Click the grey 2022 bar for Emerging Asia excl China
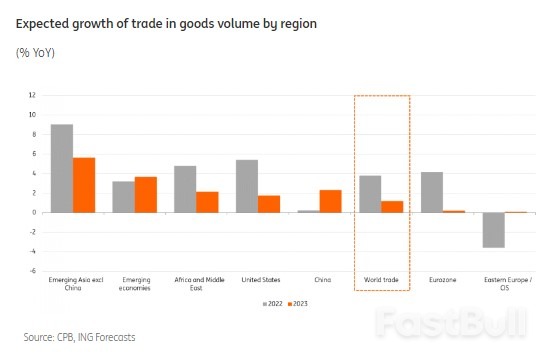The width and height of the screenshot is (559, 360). [61, 168]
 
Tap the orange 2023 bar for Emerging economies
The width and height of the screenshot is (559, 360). [146, 194]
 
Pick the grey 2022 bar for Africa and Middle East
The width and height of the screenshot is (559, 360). [185, 189]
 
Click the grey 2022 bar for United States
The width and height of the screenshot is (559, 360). [247, 186]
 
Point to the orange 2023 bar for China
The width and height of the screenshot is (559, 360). [331, 201]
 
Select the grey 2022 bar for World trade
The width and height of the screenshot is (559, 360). [370, 194]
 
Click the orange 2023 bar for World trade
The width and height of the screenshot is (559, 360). [393, 206]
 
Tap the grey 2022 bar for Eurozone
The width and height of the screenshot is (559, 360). [432, 192]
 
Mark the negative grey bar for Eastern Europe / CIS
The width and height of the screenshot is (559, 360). [493, 229]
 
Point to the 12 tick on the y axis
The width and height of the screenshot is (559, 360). [33, 95]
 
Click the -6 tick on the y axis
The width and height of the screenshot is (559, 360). [33, 270]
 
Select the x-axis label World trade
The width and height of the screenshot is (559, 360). [381, 279]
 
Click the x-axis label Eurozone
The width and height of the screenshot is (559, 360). [442, 279]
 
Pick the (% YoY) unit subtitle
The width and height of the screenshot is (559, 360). [35, 52]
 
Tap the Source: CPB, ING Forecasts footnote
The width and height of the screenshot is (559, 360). [79, 337]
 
